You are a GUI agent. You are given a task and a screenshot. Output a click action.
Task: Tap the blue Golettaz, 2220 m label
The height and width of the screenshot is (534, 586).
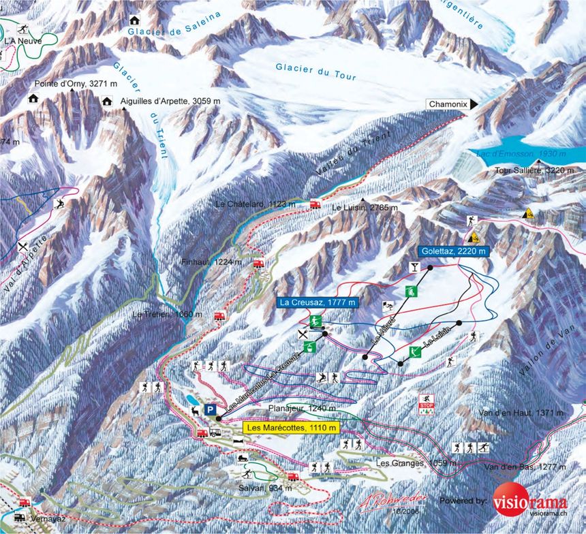coord(454,251)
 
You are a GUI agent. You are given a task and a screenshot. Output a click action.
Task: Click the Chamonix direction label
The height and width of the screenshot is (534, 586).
coord(448,104)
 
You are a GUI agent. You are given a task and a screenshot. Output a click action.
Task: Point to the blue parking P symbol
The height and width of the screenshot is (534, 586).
coord(211,410)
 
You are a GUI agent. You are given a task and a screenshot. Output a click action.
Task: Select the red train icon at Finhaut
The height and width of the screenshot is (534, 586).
coord(259,263)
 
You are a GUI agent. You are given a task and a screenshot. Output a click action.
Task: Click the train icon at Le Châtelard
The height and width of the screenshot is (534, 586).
coord(315,204)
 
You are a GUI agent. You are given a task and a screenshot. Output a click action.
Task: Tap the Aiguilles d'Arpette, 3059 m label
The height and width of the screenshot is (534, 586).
coord(170,101)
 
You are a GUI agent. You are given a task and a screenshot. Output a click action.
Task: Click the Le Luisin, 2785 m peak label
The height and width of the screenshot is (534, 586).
coord(364,207)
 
